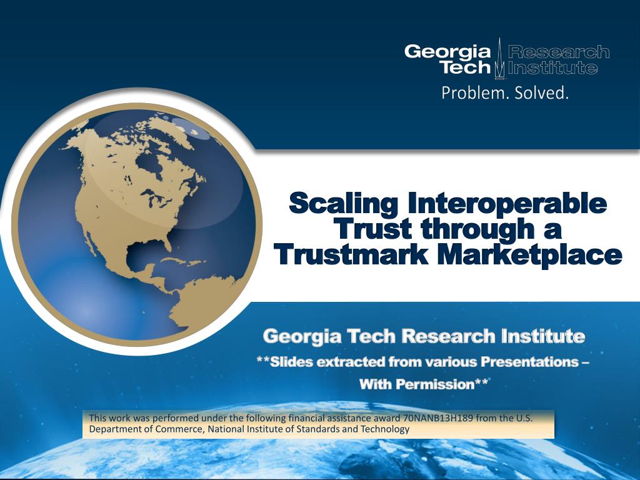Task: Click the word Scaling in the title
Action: [344, 204]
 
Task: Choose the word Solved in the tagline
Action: [541, 92]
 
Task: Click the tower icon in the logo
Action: [499, 58]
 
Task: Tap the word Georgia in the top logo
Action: [447, 52]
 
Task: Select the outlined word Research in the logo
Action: [558, 52]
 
